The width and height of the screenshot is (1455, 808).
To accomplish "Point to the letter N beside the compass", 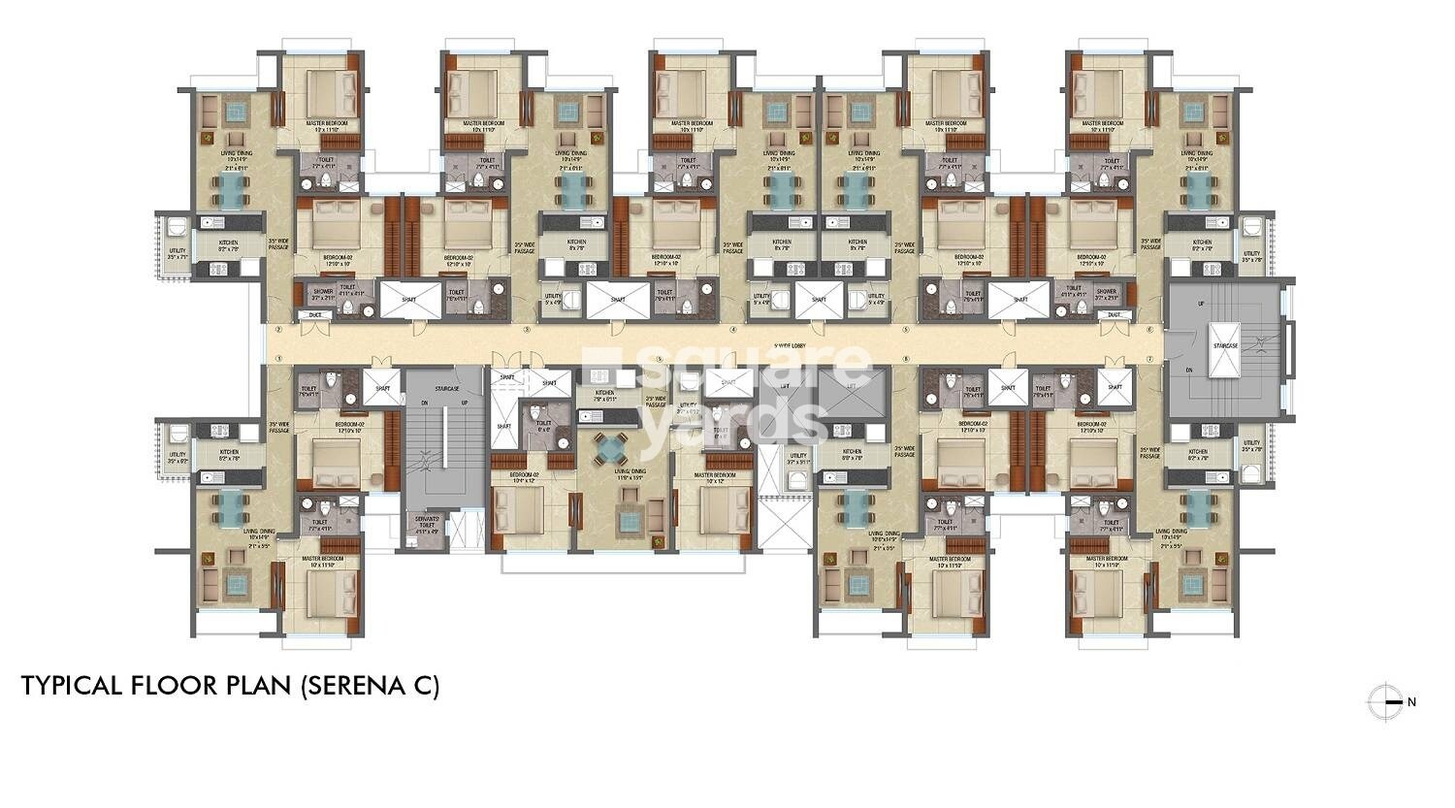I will point(1411,702).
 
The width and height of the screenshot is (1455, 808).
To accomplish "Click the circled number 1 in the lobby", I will point(278,359).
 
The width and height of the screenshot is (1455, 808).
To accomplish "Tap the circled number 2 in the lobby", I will point(278,330).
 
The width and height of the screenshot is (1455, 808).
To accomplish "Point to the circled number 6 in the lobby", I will point(1149,330).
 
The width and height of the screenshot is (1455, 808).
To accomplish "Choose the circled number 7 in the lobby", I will point(1149,359).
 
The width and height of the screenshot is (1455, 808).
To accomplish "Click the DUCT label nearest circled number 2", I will point(314,315).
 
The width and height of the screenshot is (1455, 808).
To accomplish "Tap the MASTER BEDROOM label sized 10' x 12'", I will point(715,477).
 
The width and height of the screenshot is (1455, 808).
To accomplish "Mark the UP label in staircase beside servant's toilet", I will point(465,403).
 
